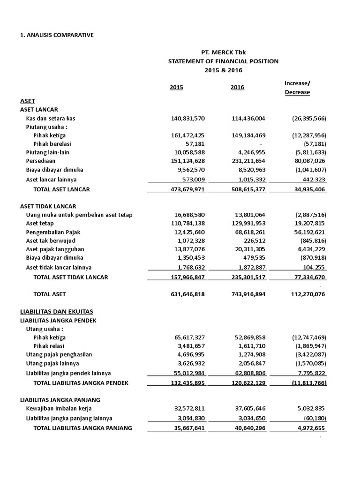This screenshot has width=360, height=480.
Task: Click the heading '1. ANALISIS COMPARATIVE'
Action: tap(57, 35)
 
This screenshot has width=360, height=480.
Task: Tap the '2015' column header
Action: tap(176, 88)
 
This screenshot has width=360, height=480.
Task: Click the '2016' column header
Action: tap(237, 88)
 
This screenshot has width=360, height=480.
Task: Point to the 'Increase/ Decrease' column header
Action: tap(297, 88)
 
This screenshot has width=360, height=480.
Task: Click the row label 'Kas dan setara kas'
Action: tap(50, 118)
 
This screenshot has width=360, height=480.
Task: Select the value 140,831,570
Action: tap(187, 118)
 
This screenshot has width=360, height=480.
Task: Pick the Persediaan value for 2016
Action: tap(248, 161)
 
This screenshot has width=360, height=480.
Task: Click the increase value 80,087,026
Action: tap(307, 161)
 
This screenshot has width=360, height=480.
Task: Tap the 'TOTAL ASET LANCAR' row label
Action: tap(61, 189)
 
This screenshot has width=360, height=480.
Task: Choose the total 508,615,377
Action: tap(248, 189)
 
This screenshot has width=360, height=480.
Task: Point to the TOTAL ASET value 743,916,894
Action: tap(248, 294)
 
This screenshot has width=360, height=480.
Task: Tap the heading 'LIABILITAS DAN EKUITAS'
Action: tap(57, 311)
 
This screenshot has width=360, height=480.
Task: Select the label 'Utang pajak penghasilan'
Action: tap(59, 354)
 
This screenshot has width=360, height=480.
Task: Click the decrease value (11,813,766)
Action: tap(306, 383)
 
